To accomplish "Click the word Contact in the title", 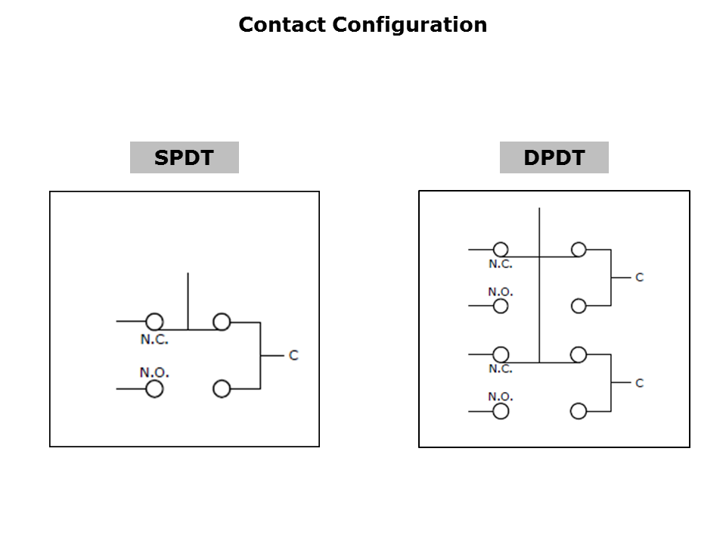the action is (x=282, y=24).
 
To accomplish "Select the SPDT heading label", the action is (x=185, y=157).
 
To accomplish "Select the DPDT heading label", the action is (x=554, y=157).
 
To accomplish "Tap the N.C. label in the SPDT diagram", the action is (x=154, y=339).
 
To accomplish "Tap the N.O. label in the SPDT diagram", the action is (x=154, y=372).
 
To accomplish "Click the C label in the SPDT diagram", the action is (x=293, y=356).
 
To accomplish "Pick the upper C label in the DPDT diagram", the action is (x=640, y=277).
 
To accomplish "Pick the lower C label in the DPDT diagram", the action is (x=640, y=383).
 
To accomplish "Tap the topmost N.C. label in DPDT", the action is (x=501, y=264).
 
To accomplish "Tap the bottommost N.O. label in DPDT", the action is (x=501, y=397).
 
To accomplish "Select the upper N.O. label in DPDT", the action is (x=501, y=292).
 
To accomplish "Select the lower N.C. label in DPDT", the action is (x=501, y=369).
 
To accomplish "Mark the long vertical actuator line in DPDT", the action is (x=539, y=285).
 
